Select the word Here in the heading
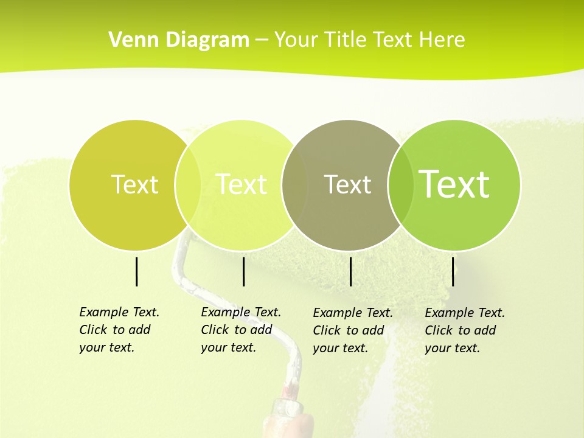[x=442, y=40]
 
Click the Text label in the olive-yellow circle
[x=134, y=184]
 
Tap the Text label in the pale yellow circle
[x=241, y=184]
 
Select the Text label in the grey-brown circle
[x=347, y=184]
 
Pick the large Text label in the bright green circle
[x=454, y=184]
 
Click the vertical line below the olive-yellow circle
[x=137, y=271]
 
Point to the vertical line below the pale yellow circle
[x=243, y=271]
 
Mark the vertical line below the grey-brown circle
[x=351, y=271]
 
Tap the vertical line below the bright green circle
[x=453, y=271]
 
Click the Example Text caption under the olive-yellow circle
[x=119, y=330]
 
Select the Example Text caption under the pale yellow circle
[x=240, y=330]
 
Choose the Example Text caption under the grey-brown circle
[x=352, y=330]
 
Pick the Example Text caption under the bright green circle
[x=464, y=330]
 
